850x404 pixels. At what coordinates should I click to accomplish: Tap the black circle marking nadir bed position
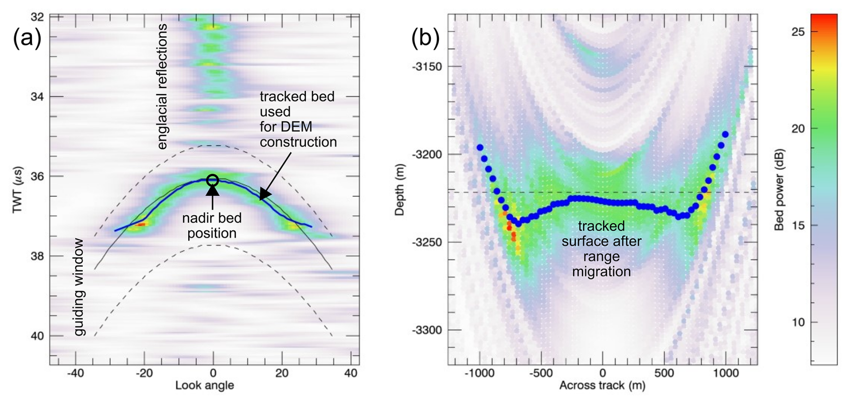(x=213, y=180)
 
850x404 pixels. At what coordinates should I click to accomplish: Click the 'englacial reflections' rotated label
(x=162, y=86)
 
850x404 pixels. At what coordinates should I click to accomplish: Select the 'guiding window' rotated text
(x=79, y=287)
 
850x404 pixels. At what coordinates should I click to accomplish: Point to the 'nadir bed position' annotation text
(x=212, y=225)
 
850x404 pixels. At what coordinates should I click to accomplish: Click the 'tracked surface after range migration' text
(x=601, y=249)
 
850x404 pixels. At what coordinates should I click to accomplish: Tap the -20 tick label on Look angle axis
(x=143, y=373)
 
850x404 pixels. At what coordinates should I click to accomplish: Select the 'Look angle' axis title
(x=204, y=386)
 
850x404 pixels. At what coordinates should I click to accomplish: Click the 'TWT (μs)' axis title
(x=18, y=190)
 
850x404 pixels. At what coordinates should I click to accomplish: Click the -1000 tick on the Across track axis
(x=480, y=373)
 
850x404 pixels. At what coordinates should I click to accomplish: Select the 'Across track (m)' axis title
(x=602, y=386)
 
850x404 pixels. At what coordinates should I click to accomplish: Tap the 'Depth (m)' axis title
(x=399, y=189)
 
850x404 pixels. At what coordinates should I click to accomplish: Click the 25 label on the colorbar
(x=798, y=31)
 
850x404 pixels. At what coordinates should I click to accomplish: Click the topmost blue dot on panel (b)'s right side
(x=725, y=134)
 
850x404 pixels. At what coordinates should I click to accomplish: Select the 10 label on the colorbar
(x=798, y=322)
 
